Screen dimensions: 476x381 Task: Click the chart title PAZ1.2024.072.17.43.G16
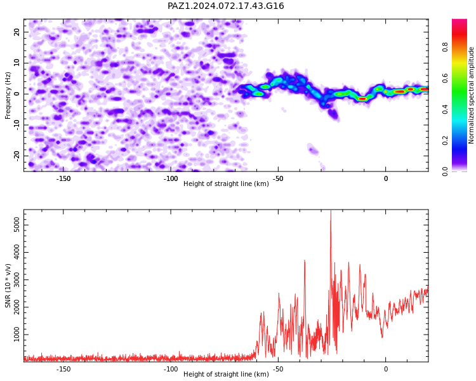(226, 6)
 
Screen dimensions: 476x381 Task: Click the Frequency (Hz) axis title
(8, 95)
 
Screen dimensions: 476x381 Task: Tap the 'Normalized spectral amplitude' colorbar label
(471, 95)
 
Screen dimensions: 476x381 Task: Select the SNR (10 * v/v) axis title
(8, 286)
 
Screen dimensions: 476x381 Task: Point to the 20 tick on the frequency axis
(17, 32)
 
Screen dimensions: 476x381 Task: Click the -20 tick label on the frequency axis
(17, 156)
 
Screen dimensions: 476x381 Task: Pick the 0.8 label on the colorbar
(445, 47)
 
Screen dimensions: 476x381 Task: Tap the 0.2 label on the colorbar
(445, 140)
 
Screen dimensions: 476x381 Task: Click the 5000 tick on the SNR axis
(17, 225)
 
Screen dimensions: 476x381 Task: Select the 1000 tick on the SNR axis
(17, 335)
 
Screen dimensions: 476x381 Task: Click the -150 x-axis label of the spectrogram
(63, 178)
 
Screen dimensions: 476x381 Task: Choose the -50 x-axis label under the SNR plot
(278, 369)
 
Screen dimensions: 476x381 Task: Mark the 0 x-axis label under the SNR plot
(386, 369)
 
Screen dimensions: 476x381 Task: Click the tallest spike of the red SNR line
(331, 210)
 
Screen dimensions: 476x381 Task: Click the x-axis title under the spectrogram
(226, 184)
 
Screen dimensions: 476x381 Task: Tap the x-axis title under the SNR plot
(226, 374)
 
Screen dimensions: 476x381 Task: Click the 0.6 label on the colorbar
(445, 78)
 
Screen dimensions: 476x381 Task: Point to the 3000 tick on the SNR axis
(17, 280)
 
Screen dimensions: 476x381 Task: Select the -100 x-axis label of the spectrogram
(171, 178)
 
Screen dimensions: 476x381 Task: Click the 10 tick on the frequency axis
(17, 63)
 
